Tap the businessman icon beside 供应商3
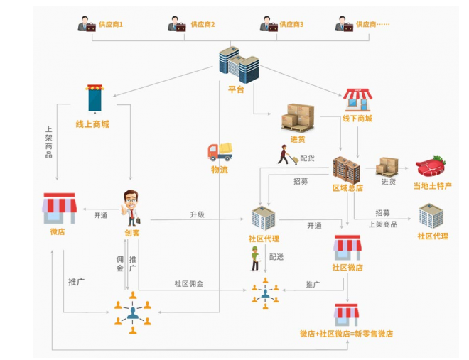click(268, 24)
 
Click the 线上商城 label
click(92, 124)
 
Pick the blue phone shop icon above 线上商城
click(94, 99)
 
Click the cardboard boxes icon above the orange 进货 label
click(298, 117)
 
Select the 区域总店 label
click(347, 188)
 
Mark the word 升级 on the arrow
click(197, 214)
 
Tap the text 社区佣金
click(189, 283)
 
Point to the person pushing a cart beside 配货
click(288, 156)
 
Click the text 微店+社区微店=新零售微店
click(346, 333)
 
